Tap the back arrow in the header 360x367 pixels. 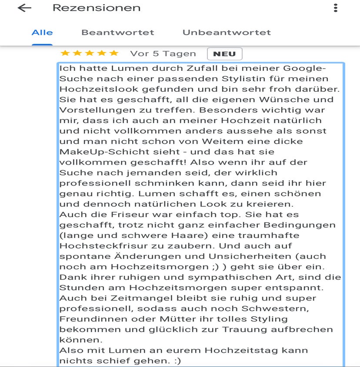pyautogui.click(x=24, y=8)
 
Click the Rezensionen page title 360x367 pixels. pyautogui.click(x=97, y=8)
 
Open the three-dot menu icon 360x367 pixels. pyautogui.click(x=335, y=8)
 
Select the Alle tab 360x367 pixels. pyautogui.click(x=42, y=33)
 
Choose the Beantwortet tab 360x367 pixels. pyautogui.click(x=117, y=33)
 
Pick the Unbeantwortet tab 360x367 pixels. pyautogui.click(x=227, y=33)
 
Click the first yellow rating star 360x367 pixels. pyautogui.click(x=65, y=53)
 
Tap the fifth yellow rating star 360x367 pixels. pyautogui.click(x=114, y=53)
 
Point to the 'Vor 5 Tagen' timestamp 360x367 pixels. pyautogui.click(x=163, y=54)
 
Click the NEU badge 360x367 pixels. pyautogui.click(x=224, y=54)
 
